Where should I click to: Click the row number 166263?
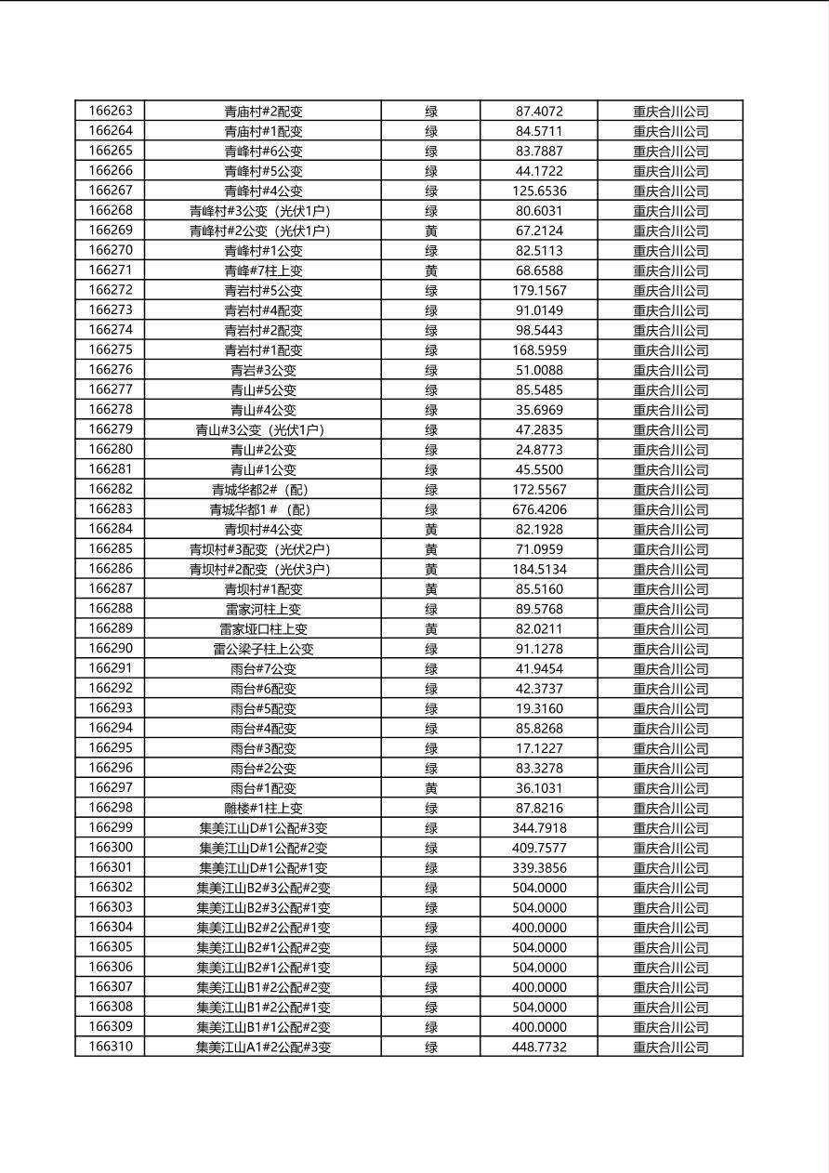click(x=111, y=111)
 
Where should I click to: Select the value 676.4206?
click(x=539, y=509)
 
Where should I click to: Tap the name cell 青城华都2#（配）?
click(x=263, y=490)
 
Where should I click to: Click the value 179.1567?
click(x=539, y=290)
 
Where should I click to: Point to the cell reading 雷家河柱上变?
click(x=263, y=609)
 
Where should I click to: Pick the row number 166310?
click(x=111, y=1047)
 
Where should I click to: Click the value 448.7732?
click(x=539, y=1048)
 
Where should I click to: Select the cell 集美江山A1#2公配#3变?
click(x=263, y=1048)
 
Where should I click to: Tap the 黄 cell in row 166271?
click(x=431, y=270)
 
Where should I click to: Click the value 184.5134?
click(x=539, y=569)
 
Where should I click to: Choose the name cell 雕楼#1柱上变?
click(x=263, y=809)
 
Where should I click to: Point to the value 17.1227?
click(x=539, y=748)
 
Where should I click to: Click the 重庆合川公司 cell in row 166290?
click(x=670, y=649)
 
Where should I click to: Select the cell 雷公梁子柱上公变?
click(x=263, y=649)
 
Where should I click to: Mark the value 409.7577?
click(x=539, y=848)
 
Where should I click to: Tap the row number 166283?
click(x=111, y=509)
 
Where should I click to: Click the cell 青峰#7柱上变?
click(x=263, y=270)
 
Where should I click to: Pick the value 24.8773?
click(x=539, y=450)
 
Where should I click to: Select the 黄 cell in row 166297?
click(x=431, y=788)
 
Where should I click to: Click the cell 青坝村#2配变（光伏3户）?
click(x=263, y=569)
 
